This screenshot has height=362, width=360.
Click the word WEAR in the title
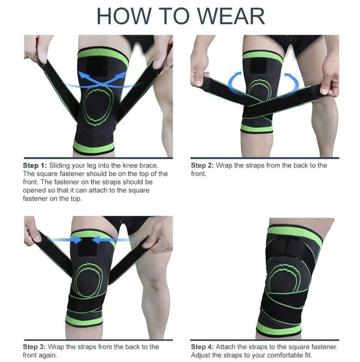coord(231,16)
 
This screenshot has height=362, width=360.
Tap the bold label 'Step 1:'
coord(35,166)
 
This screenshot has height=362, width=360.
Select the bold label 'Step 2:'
coord(202,166)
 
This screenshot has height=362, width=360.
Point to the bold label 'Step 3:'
coord(34,347)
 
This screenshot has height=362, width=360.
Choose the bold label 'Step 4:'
coord(202,347)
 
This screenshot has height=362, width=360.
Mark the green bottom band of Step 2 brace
coord(256,128)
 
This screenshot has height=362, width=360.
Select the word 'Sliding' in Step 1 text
coord(59,166)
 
